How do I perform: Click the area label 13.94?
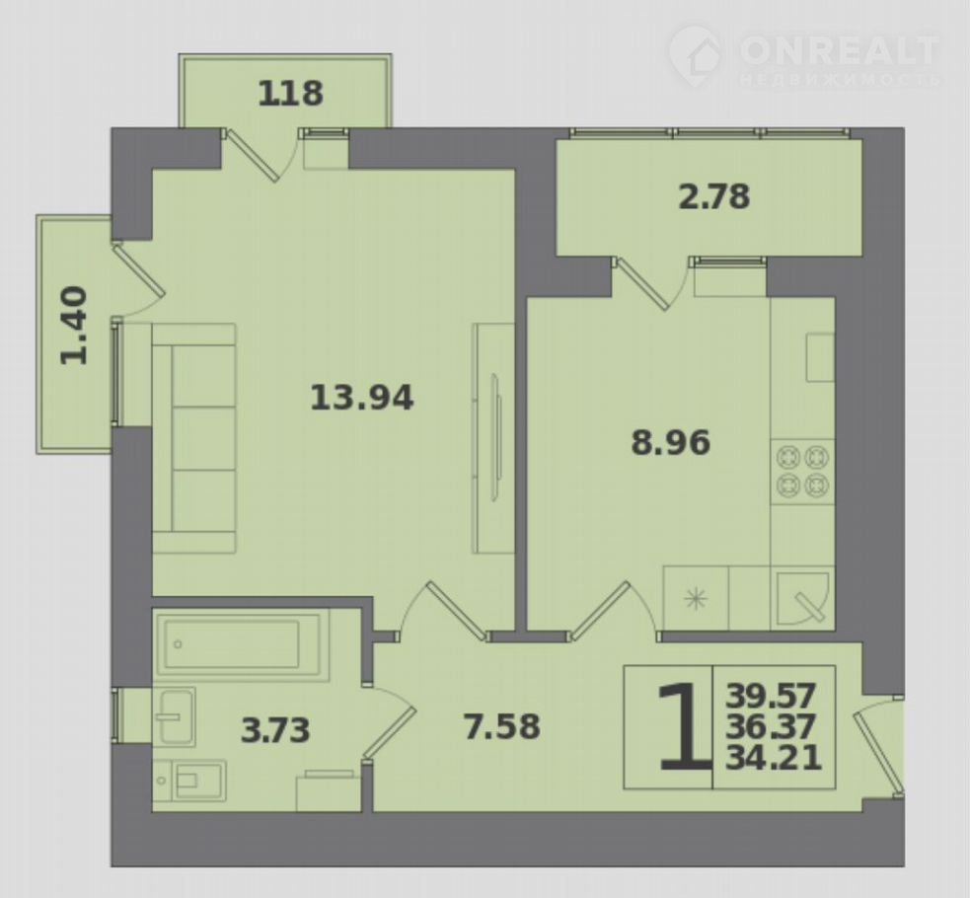tap(361, 397)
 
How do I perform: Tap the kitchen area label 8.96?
tap(671, 443)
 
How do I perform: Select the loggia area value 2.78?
tap(713, 196)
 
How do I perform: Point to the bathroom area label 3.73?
tap(275, 730)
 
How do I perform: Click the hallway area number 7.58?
tap(501, 726)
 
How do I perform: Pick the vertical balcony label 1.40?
tap(74, 326)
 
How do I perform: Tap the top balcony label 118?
tap(290, 94)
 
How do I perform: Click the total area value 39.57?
tap(771, 696)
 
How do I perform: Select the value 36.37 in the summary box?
tap(771, 726)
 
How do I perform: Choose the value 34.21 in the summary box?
tap(774, 757)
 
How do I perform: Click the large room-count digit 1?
tap(682, 726)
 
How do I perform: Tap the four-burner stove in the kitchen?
tap(802, 472)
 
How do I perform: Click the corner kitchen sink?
tap(802, 598)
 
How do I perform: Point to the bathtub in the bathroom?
tap(238, 643)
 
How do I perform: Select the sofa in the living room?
tap(193, 438)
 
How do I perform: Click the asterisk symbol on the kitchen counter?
tap(696, 599)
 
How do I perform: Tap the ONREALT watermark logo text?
tap(840, 49)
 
